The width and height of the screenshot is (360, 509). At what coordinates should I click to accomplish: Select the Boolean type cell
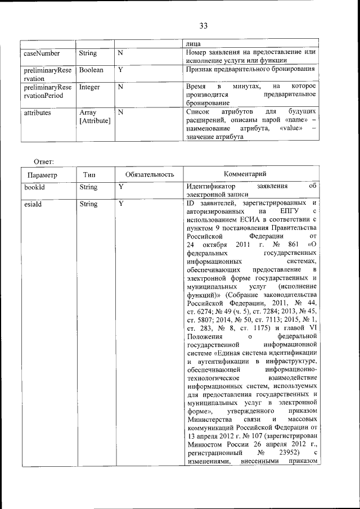91,70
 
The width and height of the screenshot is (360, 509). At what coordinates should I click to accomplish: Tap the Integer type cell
89,87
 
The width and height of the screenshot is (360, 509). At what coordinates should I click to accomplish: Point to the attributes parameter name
38,112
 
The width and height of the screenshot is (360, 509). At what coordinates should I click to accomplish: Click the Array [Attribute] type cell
94,116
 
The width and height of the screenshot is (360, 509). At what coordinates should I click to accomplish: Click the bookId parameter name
34,187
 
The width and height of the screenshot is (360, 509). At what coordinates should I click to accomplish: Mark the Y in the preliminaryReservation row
120,70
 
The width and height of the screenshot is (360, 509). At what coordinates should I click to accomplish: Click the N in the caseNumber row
120,53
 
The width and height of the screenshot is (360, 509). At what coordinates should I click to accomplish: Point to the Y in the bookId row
120,187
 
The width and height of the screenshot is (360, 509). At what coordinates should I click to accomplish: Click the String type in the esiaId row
88,204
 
